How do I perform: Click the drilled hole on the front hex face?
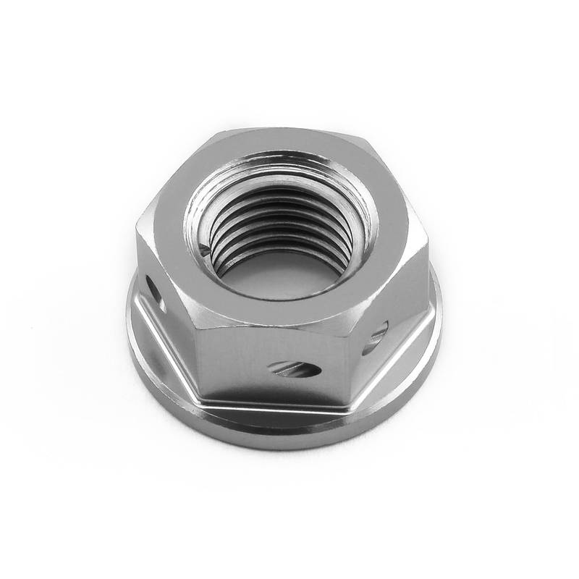(x=295, y=369)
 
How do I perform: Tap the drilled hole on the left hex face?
(x=155, y=294)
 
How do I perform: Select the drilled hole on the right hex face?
(x=376, y=338)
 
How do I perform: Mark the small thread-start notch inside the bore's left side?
(x=208, y=250)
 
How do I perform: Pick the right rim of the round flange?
(x=439, y=326)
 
